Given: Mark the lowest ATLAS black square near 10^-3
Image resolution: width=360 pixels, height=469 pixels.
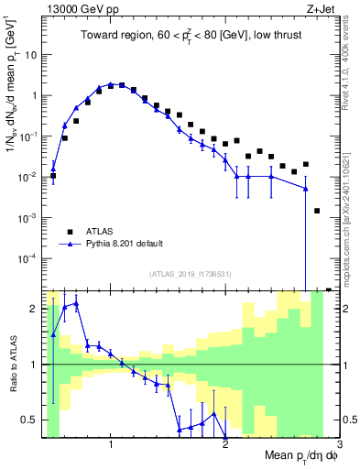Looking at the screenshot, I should click(x=317, y=211).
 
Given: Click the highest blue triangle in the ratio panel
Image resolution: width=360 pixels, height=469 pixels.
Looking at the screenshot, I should click(x=76, y=303).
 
